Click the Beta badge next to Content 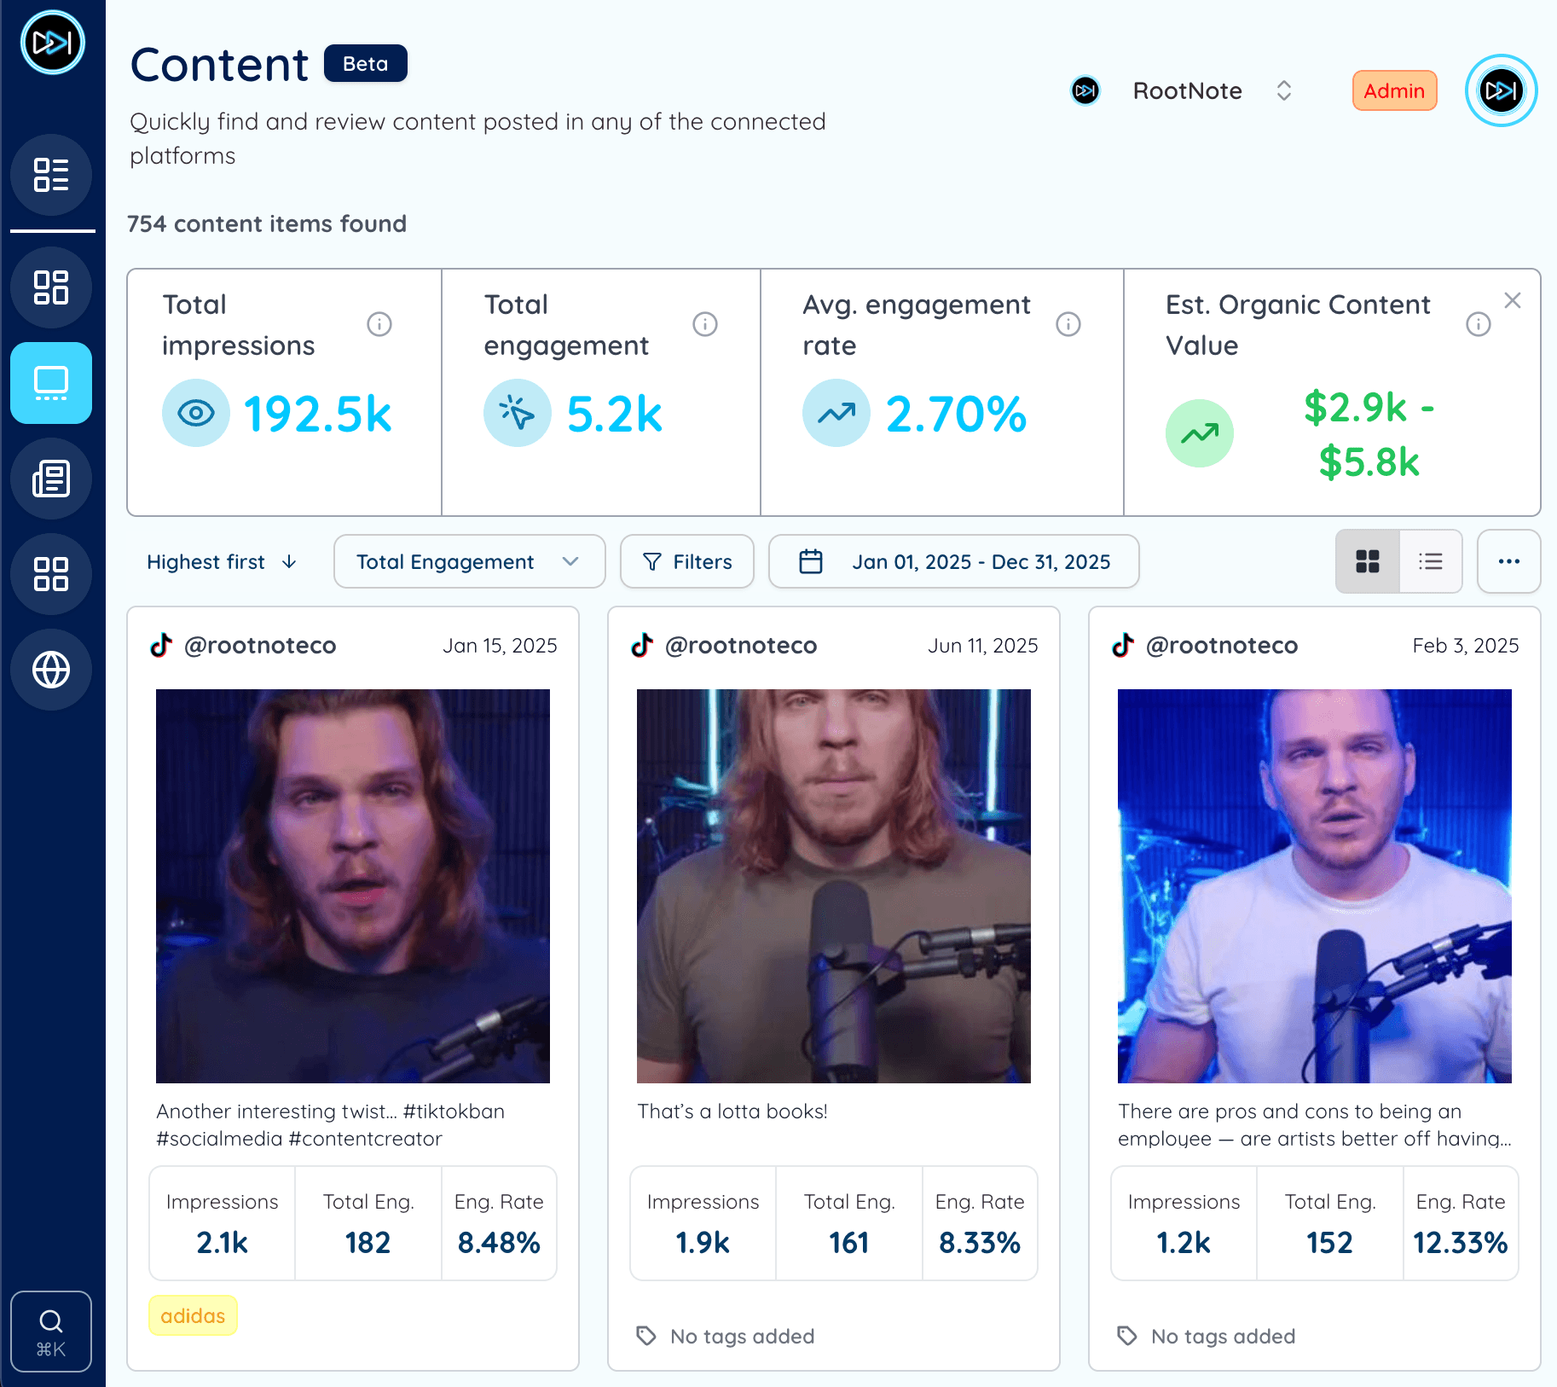point(365,64)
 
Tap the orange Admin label point(1393,90)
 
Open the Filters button point(686,561)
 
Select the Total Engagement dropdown point(468,561)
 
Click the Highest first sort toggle point(221,561)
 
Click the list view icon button point(1430,561)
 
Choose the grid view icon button point(1367,561)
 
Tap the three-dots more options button point(1508,561)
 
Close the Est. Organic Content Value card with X point(1512,300)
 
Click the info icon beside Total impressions point(379,324)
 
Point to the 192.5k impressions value point(317,415)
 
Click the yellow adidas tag point(193,1315)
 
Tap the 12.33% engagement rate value point(1460,1242)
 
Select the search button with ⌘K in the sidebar point(51,1331)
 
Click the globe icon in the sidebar point(51,670)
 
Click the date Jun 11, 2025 point(982,646)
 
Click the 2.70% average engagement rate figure point(955,415)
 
